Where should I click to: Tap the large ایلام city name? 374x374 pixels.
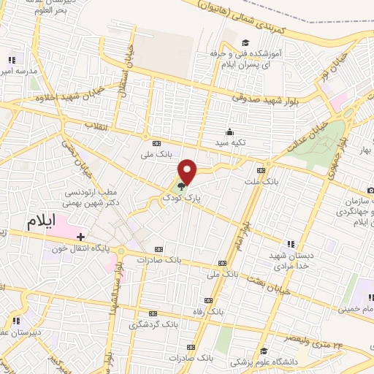coord(41,223)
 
